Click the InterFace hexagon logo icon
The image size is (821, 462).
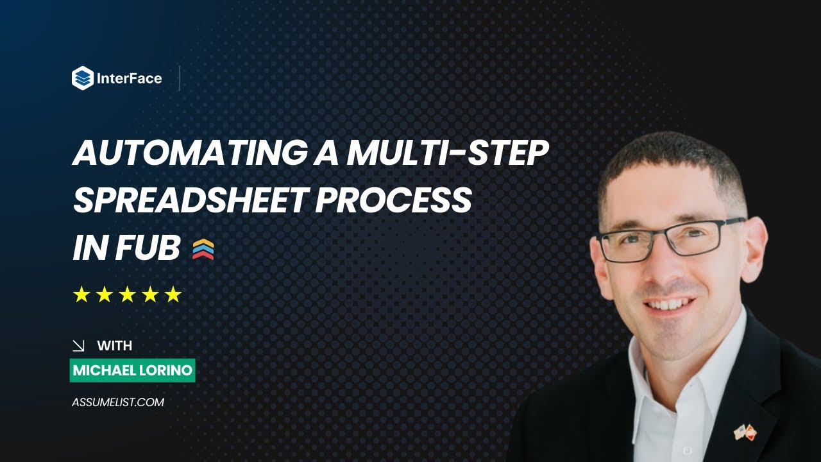tap(83, 78)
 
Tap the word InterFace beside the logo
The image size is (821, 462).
tap(129, 79)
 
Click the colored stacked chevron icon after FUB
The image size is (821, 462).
tap(203, 249)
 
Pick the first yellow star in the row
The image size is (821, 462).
tap(81, 295)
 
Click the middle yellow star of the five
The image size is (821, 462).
tap(128, 295)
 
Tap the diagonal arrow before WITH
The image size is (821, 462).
tap(79, 346)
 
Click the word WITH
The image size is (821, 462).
tap(115, 346)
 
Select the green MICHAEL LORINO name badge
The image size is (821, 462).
tap(132, 371)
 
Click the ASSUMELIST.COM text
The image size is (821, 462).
tap(118, 402)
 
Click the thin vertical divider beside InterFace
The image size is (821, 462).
tap(180, 78)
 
